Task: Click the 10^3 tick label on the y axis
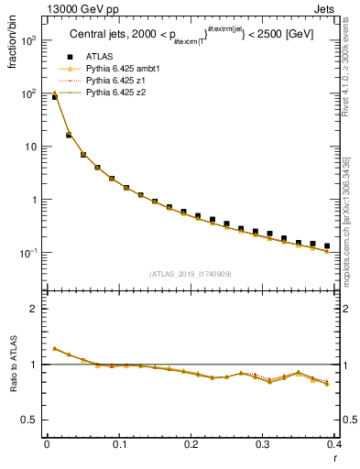point(27,41)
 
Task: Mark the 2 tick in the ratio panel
point(34,309)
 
